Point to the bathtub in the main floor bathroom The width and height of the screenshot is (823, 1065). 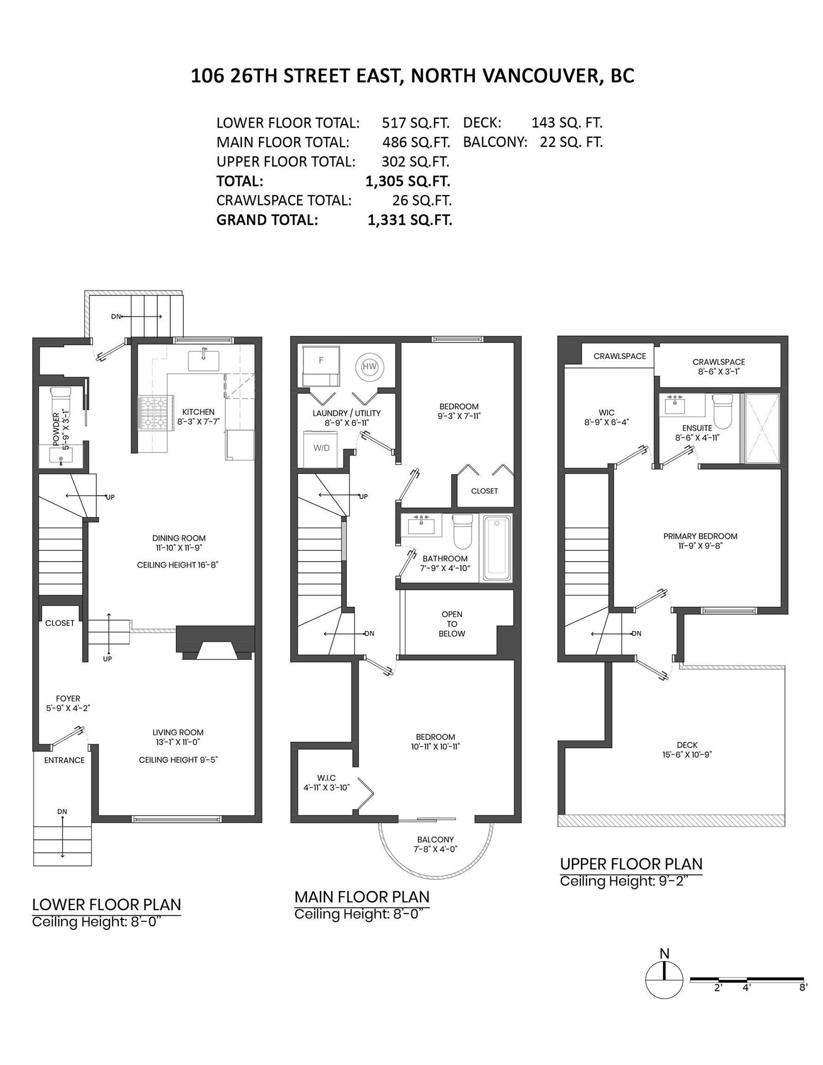tap(495, 548)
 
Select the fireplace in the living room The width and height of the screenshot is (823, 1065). tap(216, 642)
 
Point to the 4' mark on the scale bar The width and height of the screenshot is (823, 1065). tap(746, 988)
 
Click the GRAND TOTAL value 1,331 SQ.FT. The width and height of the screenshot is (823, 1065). tap(409, 220)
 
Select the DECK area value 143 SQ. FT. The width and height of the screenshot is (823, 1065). tap(567, 123)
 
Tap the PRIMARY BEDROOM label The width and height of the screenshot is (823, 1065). tap(700, 536)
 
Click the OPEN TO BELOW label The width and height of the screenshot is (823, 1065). tap(452, 624)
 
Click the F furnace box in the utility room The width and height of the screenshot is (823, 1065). tap(320, 366)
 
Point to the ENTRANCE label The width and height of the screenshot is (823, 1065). tap(64, 760)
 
